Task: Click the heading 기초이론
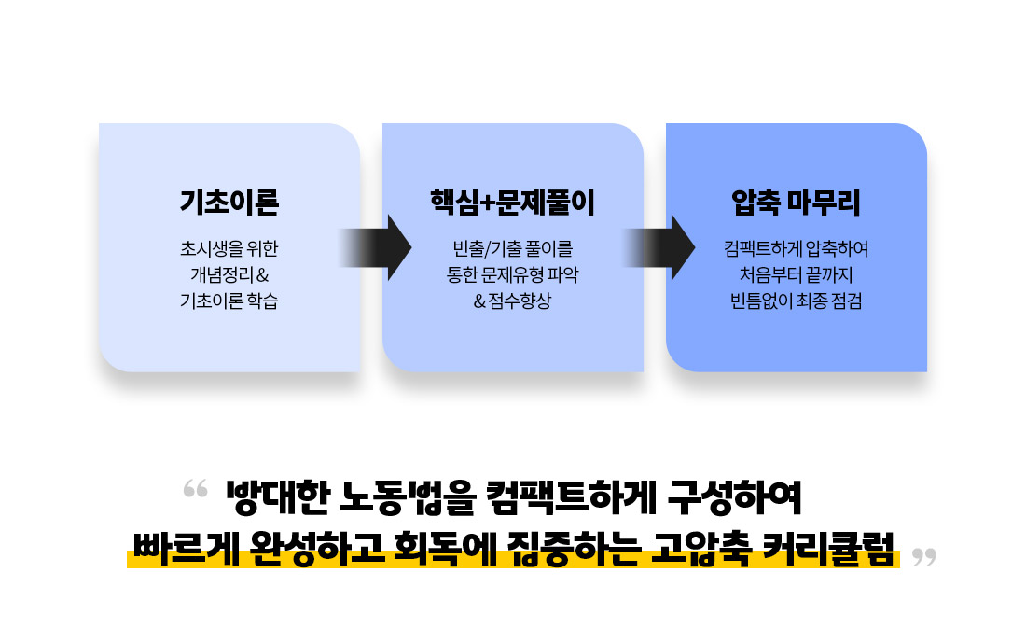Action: tap(229, 202)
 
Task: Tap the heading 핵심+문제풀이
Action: tap(512, 202)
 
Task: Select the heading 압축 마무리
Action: tap(796, 202)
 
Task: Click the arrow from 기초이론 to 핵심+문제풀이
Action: tap(375, 247)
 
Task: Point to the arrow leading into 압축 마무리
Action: tap(659, 247)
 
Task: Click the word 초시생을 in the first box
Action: tap(202, 249)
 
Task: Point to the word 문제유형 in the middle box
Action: tap(512, 275)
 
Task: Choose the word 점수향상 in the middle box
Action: tap(520, 301)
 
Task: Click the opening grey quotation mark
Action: tap(195, 488)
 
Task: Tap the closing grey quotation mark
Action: tap(924, 557)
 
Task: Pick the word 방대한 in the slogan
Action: tap(277, 497)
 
